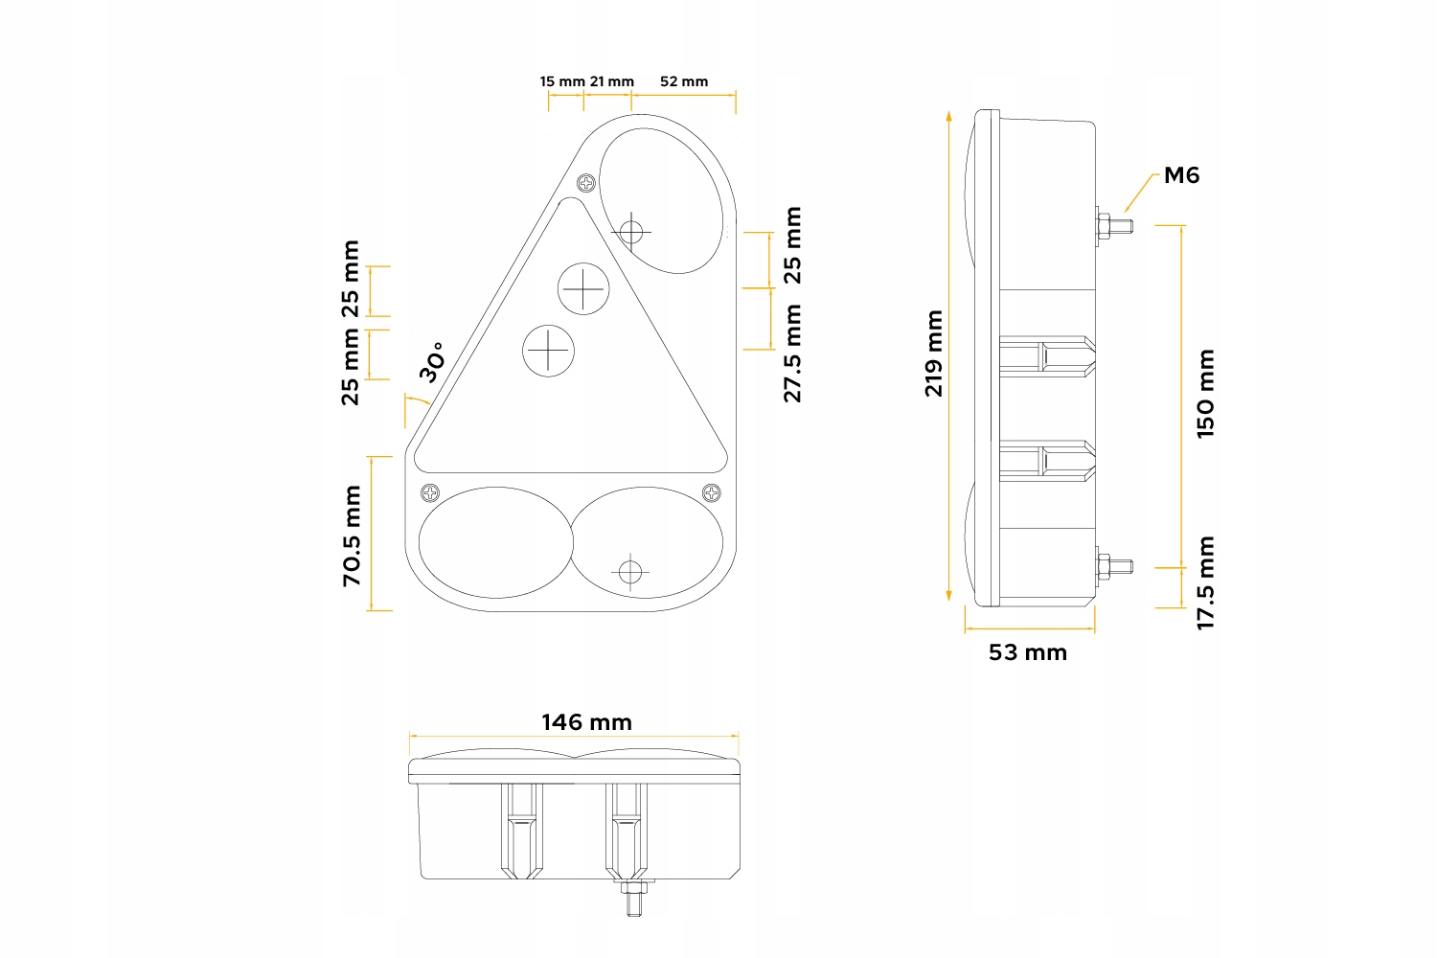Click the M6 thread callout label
[x=1181, y=175]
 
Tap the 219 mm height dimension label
[x=934, y=354]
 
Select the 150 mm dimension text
[x=1205, y=394]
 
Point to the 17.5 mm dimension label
[x=1205, y=583]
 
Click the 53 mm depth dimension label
[x=1028, y=652]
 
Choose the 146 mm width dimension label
[x=586, y=722]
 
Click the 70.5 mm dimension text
[x=352, y=536]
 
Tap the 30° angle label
[x=432, y=362]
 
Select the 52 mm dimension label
[x=684, y=81]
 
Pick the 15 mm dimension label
[x=562, y=81]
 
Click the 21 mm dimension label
[x=612, y=81]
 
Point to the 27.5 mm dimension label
[x=793, y=354]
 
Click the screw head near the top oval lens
[x=586, y=184]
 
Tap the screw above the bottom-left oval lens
[x=430, y=492]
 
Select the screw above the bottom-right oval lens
[x=712, y=492]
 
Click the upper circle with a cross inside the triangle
[x=583, y=288]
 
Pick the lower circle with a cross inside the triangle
[x=549, y=351]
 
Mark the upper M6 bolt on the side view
[x=1114, y=226]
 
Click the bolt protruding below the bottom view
[x=634, y=898]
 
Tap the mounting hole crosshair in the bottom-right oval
[x=630, y=571]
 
